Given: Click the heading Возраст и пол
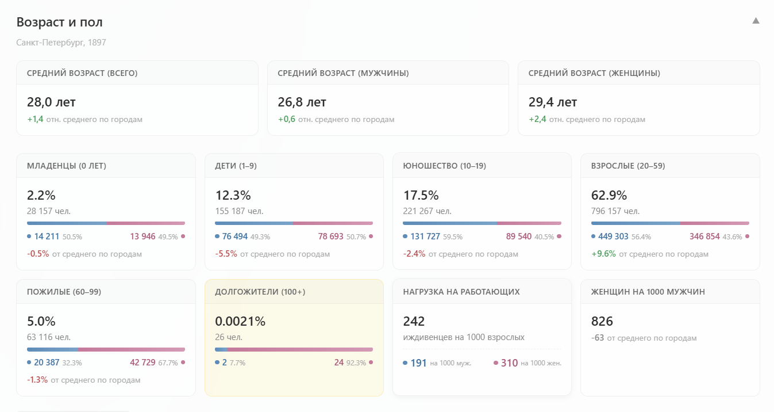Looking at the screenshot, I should [x=60, y=22].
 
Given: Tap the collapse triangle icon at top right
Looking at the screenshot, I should [x=756, y=21].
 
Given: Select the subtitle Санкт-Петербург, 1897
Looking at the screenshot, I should [x=61, y=43].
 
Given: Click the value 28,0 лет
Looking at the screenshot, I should [x=51, y=102].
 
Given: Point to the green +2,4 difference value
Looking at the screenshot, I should [x=537, y=120].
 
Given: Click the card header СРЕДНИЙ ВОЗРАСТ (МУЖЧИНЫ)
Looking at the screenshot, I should [x=343, y=73].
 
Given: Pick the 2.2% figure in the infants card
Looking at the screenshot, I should [x=41, y=195].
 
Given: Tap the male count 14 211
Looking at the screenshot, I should [x=47, y=236].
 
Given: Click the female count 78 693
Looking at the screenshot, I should [x=330, y=236].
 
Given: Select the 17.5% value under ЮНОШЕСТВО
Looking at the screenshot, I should [x=421, y=195].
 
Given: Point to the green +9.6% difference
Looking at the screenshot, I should [x=603, y=254].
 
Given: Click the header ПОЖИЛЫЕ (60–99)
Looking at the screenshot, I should [x=64, y=292].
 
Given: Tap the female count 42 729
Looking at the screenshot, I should [x=143, y=363].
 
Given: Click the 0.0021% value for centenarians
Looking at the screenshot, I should [x=240, y=321].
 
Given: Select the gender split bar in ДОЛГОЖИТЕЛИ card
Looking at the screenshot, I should [x=294, y=349].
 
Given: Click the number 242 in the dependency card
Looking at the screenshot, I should [x=414, y=321].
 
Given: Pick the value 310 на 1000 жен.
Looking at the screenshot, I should [x=509, y=363].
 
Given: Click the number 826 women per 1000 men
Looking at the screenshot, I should [x=602, y=321].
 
